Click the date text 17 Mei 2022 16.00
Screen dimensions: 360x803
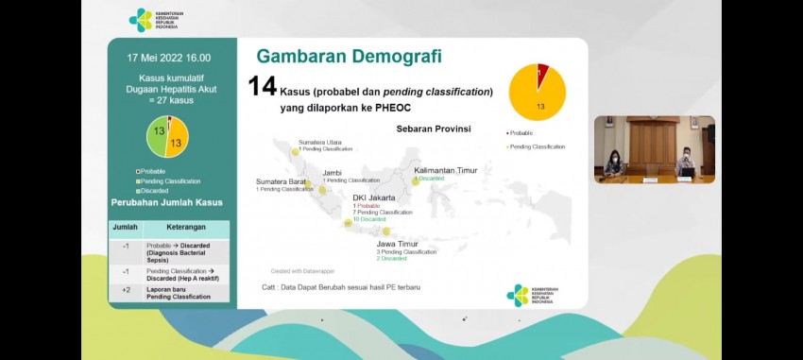[169, 58]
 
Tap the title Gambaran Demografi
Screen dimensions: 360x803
[349, 56]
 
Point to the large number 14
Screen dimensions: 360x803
[262, 87]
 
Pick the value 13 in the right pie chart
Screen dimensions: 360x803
[539, 107]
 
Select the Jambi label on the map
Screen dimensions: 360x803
[332, 173]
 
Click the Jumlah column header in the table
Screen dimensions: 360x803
[125, 228]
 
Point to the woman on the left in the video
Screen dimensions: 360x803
[613, 162]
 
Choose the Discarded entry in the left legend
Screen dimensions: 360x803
[154, 190]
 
